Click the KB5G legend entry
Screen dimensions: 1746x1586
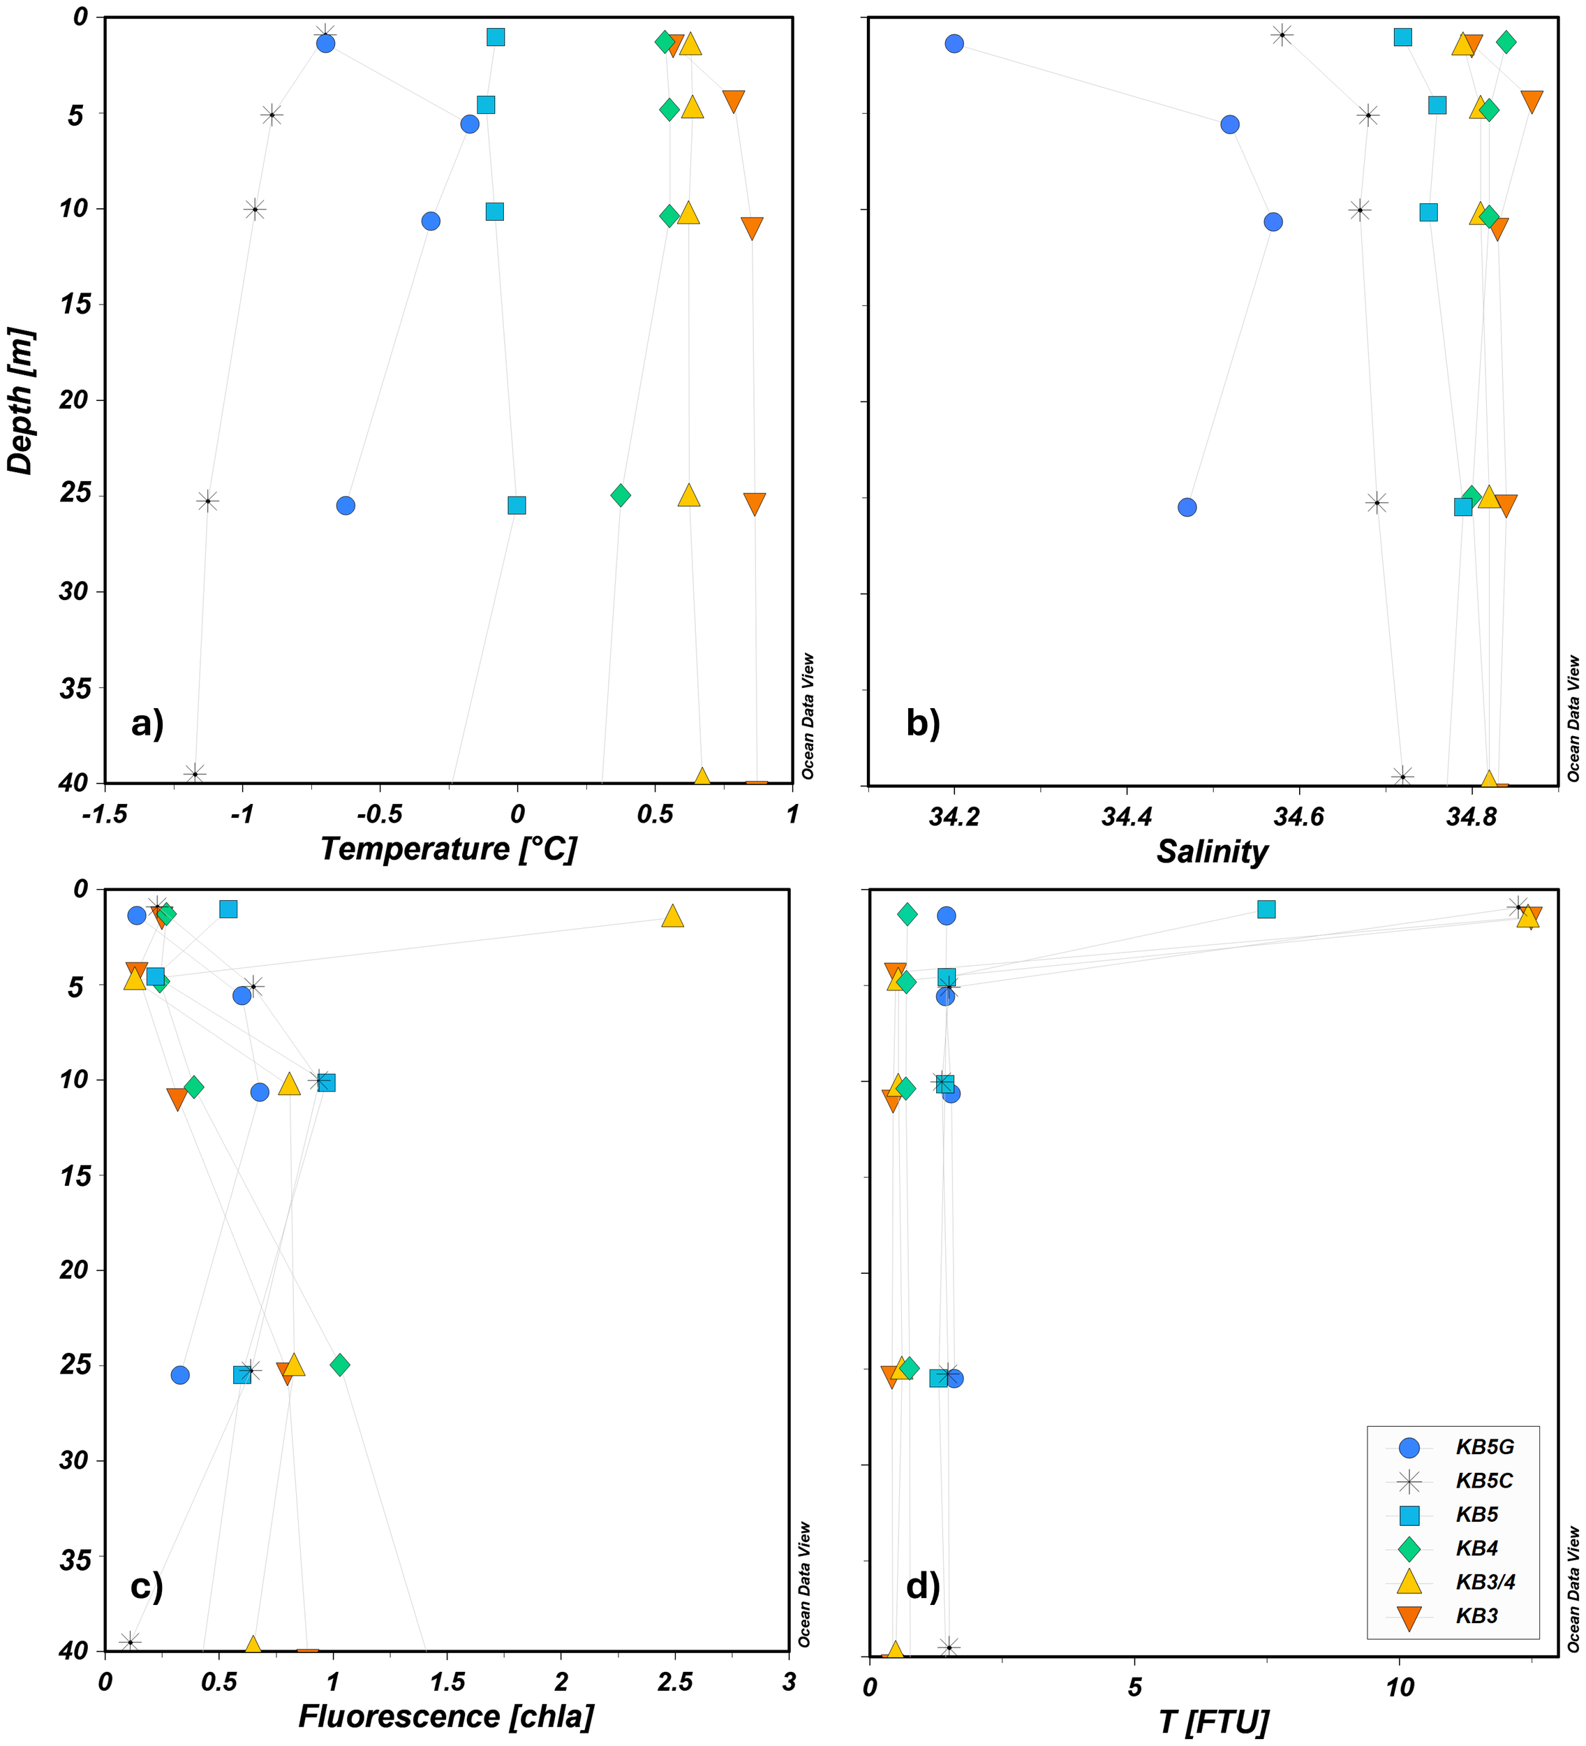coord(1484,1447)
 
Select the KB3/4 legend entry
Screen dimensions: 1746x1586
coord(1485,1583)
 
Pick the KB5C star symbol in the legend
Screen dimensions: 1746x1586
coord(1409,1482)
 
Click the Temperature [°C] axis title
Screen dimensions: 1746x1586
coord(447,849)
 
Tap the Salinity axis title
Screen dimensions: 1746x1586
coord(1211,852)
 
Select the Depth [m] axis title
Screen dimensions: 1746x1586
coord(21,400)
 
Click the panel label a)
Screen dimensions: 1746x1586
coord(147,722)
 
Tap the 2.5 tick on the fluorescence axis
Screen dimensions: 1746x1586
coord(674,1682)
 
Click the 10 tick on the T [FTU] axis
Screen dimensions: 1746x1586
coord(1399,1687)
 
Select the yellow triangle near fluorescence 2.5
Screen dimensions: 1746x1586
coord(673,916)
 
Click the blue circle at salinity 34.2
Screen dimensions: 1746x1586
coord(954,43)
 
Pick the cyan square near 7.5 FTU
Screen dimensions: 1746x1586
coord(1266,909)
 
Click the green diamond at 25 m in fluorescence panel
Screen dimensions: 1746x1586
coord(340,1365)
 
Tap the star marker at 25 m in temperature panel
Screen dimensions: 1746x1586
coord(208,501)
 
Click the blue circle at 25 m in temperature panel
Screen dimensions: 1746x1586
coord(346,505)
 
